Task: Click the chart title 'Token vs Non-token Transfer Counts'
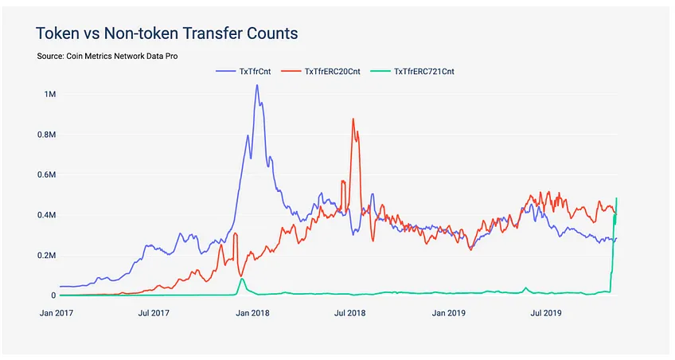[166, 33]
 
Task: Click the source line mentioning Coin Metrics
[107, 56]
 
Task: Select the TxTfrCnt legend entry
[244, 72]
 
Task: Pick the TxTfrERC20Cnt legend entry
[321, 72]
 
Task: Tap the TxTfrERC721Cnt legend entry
[412, 72]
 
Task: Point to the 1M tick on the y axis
[50, 94]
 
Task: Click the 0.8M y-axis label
[47, 135]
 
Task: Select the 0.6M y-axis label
[47, 175]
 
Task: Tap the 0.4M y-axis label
[47, 215]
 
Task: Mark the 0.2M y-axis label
[47, 256]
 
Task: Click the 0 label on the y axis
[54, 295]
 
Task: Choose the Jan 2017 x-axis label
[57, 313]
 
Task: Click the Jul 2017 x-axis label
[154, 313]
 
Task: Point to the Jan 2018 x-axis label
[252, 313]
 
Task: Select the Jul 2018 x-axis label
[350, 313]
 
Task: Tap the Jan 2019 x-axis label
[449, 313]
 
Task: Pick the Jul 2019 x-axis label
[546, 313]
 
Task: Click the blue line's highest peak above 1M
[257, 85]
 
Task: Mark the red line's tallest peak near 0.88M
[353, 119]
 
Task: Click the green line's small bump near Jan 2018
[242, 279]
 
